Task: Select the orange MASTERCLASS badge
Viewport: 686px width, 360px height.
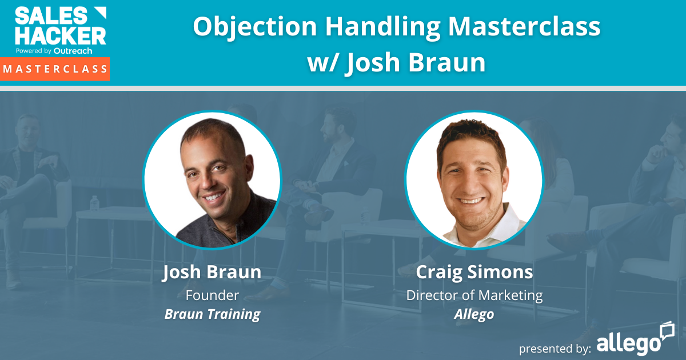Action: click(x=55, y=69)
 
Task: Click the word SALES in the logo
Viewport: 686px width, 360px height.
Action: click(x=43, y=15)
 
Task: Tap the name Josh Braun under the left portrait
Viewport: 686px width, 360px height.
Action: click(x=212, y=272)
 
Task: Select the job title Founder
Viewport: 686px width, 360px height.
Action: click(x=212, y=295)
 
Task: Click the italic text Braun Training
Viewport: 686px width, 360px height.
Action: click(x=212, y=314)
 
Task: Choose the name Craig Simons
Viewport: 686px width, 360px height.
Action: click(x=474, y=272)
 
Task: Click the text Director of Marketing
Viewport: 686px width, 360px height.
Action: click(x=474, y=295)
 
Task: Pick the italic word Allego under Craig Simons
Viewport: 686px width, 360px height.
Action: click(x=474, y=314)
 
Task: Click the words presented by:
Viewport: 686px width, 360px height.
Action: click(x=555, y=348)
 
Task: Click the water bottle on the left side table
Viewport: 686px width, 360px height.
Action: click(x=94, y=202)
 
